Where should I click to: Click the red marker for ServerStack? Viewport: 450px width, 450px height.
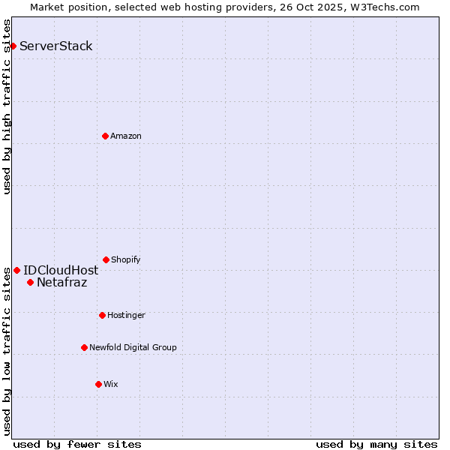(x=13, y=46)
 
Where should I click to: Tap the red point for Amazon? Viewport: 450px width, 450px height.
(x=105, y=136)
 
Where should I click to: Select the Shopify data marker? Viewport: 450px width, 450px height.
(x=106, y=259)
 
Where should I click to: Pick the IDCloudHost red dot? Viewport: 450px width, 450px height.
(x=16, y=270)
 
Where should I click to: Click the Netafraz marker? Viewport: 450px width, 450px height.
(x=30, y=282)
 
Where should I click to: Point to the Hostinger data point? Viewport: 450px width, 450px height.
(x=102, y=315)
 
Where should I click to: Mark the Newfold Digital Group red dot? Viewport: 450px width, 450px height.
(x=84, y=347)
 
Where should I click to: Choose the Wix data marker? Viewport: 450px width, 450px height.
(x=98, y=384)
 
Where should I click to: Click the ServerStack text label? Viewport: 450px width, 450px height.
(x=56, y=46)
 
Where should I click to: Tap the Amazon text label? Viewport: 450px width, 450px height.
(x=126, y=136)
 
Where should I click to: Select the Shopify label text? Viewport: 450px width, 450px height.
(x=126, y=259)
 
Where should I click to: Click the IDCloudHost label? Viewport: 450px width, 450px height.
(x=61, y=270)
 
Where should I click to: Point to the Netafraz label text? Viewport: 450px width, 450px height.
(x=61, y=282)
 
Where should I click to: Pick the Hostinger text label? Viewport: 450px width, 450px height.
(x=126, y=315)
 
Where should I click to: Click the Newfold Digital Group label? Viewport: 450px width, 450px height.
(x=133, y=347)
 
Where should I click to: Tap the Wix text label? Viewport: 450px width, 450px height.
(x=111, y=384)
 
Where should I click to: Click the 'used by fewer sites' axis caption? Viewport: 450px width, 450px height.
(x=77, y=444)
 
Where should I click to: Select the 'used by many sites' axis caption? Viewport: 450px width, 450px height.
(x=376, y=444)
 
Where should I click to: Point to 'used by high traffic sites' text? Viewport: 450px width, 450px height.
(x=7, y=106)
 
